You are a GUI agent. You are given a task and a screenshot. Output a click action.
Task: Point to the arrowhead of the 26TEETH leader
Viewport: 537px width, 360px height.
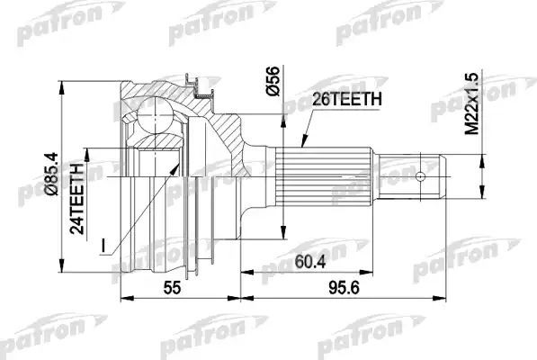pyautogui.click(x=299, y=148)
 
